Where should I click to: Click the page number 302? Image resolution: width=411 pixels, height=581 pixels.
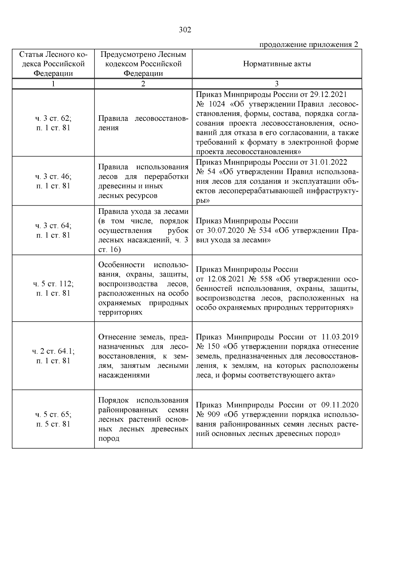(x=185, y=30)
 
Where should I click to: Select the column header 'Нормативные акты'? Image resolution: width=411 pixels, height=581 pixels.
(x=277, y=64)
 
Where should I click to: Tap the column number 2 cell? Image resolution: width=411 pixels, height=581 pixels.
(x=143, y=84)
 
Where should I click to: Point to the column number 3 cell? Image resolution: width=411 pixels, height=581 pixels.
(x=277, y=84)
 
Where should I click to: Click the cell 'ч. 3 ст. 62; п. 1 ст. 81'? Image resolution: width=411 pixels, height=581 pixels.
(x=53, y=123)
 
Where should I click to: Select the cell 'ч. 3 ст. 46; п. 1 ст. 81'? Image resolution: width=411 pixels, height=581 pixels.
(x=53, y=181)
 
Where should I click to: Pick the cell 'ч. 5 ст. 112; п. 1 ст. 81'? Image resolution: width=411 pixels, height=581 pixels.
(x=53, y=288)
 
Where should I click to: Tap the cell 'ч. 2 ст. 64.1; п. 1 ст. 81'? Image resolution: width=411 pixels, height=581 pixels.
(x=53, y=356)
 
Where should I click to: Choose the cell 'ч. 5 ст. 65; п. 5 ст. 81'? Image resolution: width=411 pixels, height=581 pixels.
(x=53, y=419)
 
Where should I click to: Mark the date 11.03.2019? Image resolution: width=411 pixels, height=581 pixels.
(x=340, y=337)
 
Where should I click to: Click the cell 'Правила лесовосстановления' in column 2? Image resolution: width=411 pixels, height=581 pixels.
(x=143, y=123)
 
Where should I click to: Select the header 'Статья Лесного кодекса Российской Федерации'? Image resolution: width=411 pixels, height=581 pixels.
(x=53, y=64)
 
